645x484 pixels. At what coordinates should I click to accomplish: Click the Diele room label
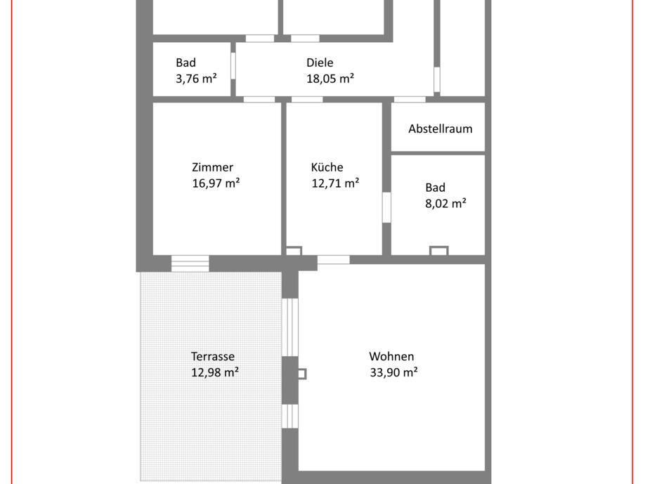pyautogui.click(x=320, y=63)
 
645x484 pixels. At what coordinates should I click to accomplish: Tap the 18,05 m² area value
pyautogui.click(x=330, y=79)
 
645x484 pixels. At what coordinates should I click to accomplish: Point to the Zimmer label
pyautogui.click(x=212, y=167)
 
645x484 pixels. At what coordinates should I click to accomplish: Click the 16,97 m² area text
pyautogui.click(x=216, y=183)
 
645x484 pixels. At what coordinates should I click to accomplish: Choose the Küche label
pyautogui.click(x=327, y=167)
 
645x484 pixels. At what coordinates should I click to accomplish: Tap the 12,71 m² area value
pyautogui.click(x=335, y=183)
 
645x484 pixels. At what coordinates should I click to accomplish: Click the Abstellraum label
pyautogui.click(x=441, y=129)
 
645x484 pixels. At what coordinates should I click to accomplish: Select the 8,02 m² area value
pyautogui.click(x=445, y=204)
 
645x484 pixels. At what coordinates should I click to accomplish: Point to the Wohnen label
pyautogui.click(x=391, y=356)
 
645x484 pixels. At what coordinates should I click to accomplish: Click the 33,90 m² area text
pyautogui.click(x=393, y=372)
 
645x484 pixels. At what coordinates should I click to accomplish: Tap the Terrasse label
pyautogui.click(x=213, y=356)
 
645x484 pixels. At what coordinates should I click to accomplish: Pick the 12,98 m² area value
pyautogui.click(x=215, y=372)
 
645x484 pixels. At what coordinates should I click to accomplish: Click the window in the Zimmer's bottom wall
pyautogui.click(x=190, y=263)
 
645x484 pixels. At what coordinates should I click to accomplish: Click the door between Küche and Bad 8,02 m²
pyautogui.click(x=386, y=207)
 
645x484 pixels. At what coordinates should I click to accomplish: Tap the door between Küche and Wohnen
pyautogui.click(x=333, y=260)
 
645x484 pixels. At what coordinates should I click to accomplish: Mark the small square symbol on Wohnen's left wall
pyautogui.click(x=301, y=374)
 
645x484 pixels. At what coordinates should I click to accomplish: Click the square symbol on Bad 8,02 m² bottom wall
pyautogui.click(x=438, y=251)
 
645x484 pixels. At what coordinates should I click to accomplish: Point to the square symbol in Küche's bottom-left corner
pyautogui.click(x=294, y=251)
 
